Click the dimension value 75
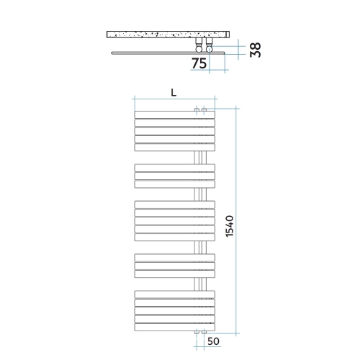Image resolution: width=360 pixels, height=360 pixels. pos(200,63)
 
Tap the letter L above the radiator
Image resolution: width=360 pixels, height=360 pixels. pos(174,92)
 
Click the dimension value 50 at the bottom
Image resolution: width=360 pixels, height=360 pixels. pos(214,342)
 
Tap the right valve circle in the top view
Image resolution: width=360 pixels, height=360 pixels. pos(209,47)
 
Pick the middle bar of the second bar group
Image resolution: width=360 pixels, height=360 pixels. pos(174,175)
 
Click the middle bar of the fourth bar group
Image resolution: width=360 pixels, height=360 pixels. pos(174,264)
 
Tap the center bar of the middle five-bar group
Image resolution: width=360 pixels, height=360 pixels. pos(174,220)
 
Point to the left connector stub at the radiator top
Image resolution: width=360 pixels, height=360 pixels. pos(197,110)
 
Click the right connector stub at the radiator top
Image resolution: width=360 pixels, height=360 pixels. pos(204,110)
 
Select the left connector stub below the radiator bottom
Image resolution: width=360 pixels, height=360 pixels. pos(197,333)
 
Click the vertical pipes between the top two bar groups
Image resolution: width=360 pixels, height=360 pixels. pos(201,158)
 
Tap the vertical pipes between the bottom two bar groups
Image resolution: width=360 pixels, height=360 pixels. pos(201,282)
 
